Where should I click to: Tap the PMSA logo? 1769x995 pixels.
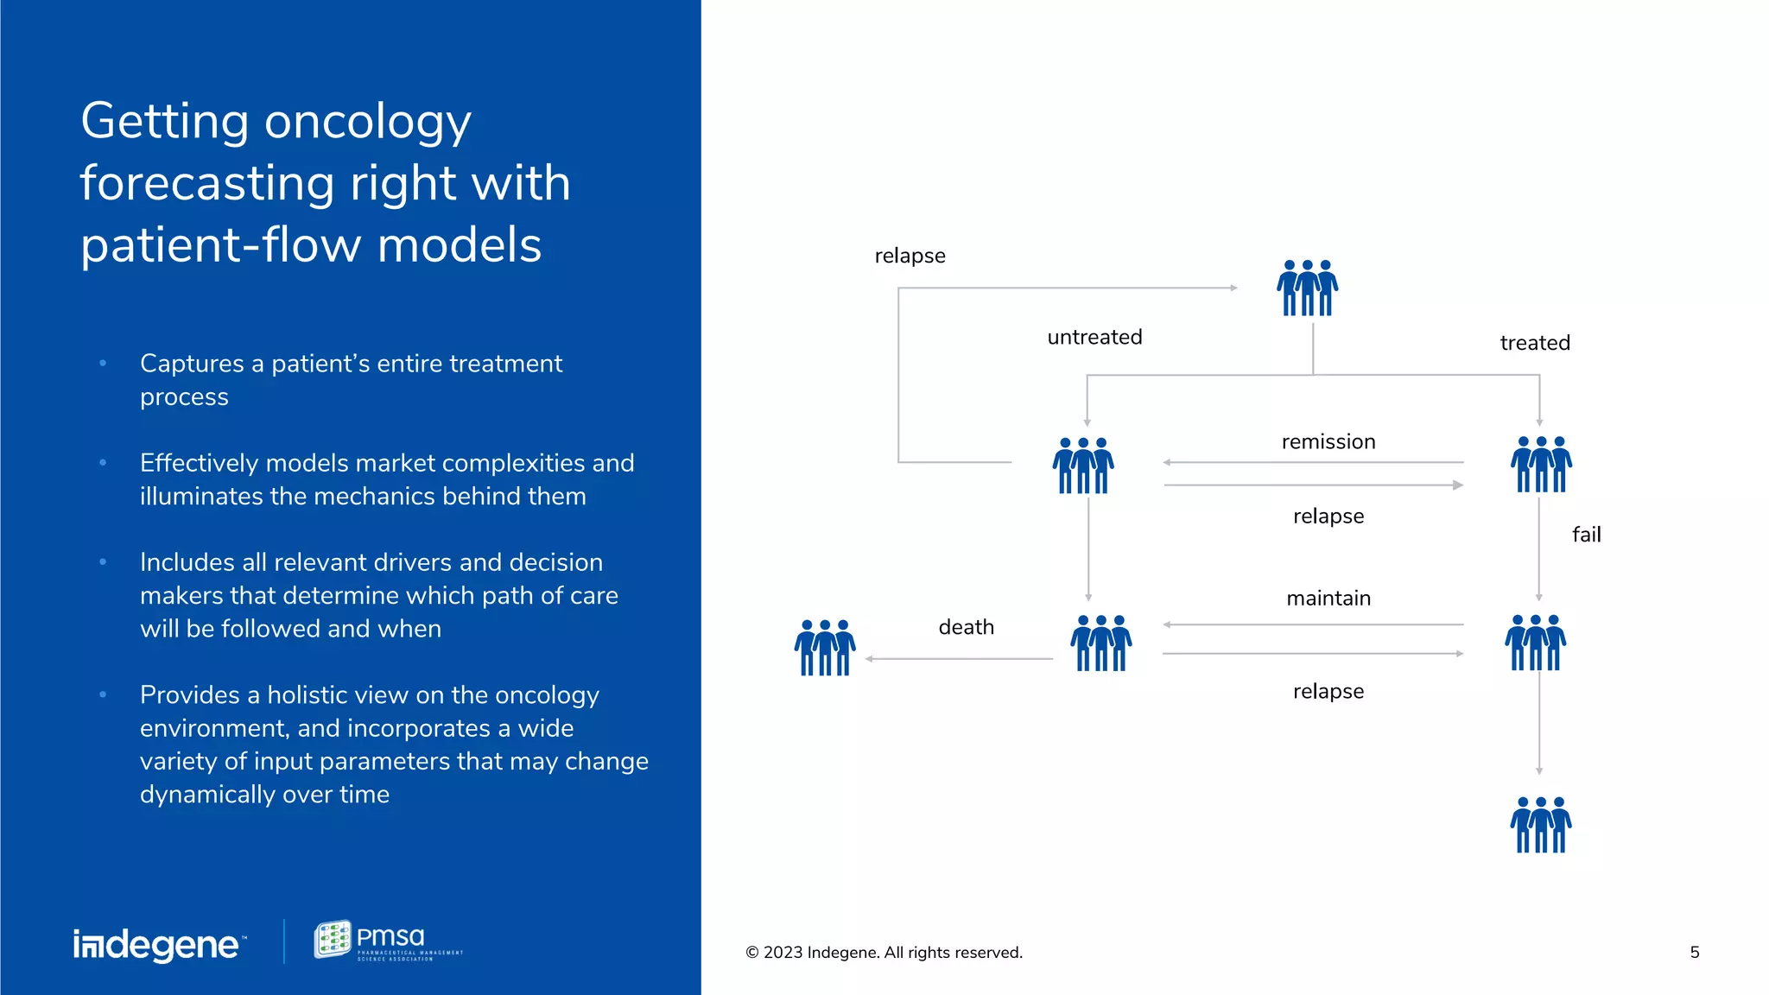[388, 941]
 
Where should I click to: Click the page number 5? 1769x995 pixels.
[1695, 952]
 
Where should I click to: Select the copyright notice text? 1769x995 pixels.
[884, 952]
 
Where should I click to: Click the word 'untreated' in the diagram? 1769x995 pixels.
[1094, 337]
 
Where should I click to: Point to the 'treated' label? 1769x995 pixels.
[1535, 343]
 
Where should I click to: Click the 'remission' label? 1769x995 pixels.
[1328, 442]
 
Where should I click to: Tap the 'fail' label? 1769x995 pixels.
[1586, 535]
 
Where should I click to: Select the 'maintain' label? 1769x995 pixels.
[1328, 599]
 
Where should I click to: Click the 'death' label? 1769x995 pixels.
[966, 627]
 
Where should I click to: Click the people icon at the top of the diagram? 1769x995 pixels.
[1307, 288]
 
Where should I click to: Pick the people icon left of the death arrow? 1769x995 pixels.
[825, 647]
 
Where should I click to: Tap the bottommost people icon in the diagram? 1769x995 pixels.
[1541, 825]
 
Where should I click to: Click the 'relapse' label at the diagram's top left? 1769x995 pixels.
[910, 256]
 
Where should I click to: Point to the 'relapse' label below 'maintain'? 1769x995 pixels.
[1328, 691]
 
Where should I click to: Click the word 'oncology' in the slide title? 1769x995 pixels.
[367, 121]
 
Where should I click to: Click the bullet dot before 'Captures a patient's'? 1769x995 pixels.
[103, 364]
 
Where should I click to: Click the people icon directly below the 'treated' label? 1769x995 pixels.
[1541, 465]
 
